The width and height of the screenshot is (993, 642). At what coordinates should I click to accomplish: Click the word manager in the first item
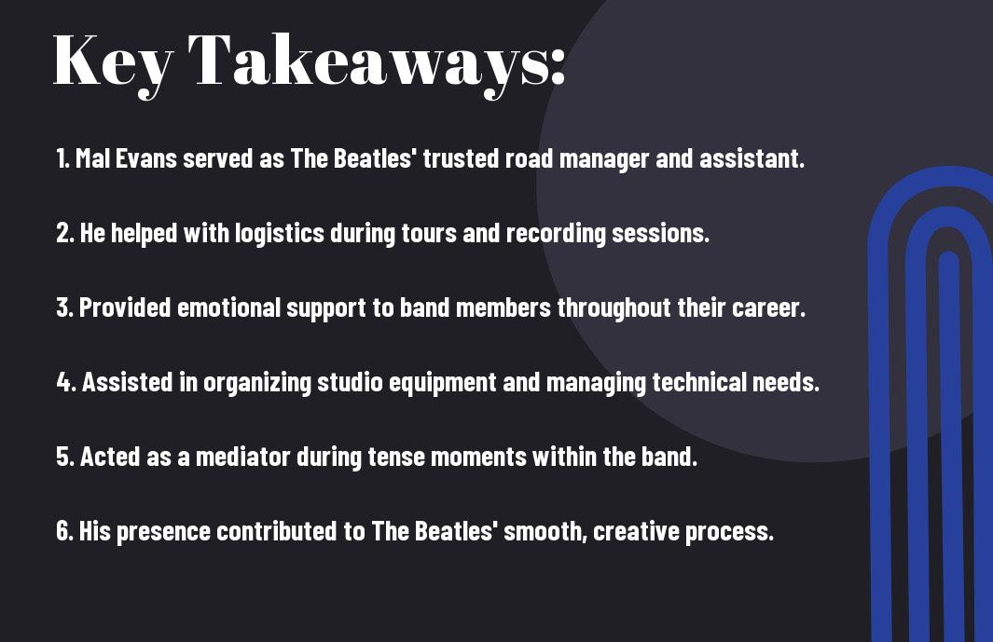coord(604,159)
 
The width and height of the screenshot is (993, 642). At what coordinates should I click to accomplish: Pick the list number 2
coord(63,233)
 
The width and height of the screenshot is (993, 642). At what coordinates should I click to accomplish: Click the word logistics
coord(280,234)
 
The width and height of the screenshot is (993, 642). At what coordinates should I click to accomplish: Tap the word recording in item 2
coord(556,234)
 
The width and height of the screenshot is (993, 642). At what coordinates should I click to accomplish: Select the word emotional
coord(228,307)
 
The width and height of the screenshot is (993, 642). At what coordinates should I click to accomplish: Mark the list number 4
coord(64,382)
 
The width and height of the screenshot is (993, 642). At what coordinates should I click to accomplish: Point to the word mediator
coord(243,457)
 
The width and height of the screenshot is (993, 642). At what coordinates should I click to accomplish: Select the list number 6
coord(63,531)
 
